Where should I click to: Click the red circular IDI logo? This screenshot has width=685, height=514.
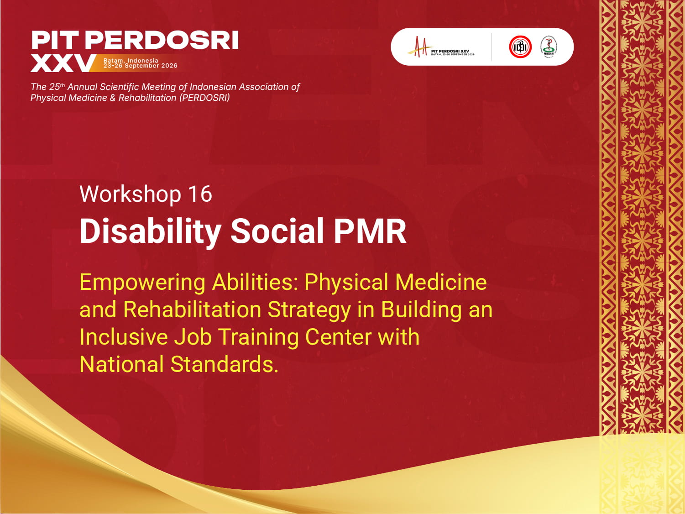click(520, 47)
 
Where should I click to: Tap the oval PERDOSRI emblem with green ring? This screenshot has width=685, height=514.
click(549, 47)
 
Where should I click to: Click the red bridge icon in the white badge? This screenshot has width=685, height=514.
click(418, 47)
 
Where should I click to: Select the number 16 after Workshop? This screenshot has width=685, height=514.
click(200, 194)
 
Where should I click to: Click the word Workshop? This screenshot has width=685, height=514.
click(130, 194)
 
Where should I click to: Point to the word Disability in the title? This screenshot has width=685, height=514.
click(150, 231)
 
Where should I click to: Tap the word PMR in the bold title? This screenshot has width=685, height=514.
click(370, 231)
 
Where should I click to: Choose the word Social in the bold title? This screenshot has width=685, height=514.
click(277, 231)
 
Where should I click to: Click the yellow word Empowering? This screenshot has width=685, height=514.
click(142, 283)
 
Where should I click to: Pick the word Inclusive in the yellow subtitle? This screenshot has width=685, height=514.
click(124, 337)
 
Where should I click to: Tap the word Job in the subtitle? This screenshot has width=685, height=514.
click(193, 337)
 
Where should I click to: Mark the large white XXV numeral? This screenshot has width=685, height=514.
click(63, 63)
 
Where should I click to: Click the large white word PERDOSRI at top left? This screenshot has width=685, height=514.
click(162, 40)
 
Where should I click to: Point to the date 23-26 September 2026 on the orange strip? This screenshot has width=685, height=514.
click(141, 66)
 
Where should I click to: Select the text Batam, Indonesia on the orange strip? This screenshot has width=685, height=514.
click(131, 60)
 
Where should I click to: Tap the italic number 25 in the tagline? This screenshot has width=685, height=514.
click(54, 87)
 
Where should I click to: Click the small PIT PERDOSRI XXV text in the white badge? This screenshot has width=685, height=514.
click(450, 51)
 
